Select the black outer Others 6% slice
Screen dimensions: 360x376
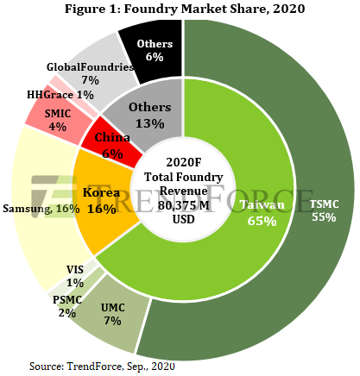pyautogui.click(x=154, y=50)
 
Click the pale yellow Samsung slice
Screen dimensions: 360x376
pyautogui.click(x=43, y=207)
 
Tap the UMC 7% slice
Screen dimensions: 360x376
pyautogui.click(x=112, y=313)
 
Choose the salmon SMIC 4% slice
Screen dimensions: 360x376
pyautogui.click(x=58, y=118)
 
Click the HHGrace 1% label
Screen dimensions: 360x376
pyautogui.click(x=60, y=95)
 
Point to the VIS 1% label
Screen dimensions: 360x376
pyautogui.click(x=75, y=276)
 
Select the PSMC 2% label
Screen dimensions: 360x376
pyautogui.click(x=67, y=306)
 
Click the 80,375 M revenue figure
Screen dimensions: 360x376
pyautogui.click(x=183, y=205)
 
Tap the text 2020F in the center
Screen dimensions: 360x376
pyautogui.click(x=184, y=162)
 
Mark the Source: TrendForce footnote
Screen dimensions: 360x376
pyautogui.click(x=102, y=367)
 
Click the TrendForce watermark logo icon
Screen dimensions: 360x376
pyautogui.click(x=54, y=197)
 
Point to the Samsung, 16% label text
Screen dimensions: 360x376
pyautogui.click(x=41, y=209)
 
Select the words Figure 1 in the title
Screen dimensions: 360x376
pyautogui.click(x=92, y=9)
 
